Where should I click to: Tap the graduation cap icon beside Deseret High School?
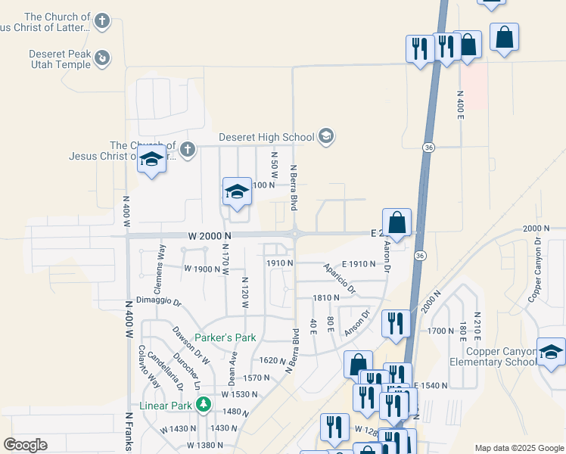tap(327, 136)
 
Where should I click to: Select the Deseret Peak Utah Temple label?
tap(59, 59)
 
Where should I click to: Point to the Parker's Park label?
tap(225, 337)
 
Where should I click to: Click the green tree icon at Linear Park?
tap(203, 406)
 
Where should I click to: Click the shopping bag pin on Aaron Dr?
tap(397, 224)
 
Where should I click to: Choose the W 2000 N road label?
tap(209, 236)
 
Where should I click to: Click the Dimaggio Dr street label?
tap(158, 301)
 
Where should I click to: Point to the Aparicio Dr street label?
tap(340, 278)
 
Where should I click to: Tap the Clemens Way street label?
tap(159, 269)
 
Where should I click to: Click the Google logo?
tap(25, 445)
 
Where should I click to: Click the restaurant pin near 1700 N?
tap(396, 323)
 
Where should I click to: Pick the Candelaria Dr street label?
tap(166, 371)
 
